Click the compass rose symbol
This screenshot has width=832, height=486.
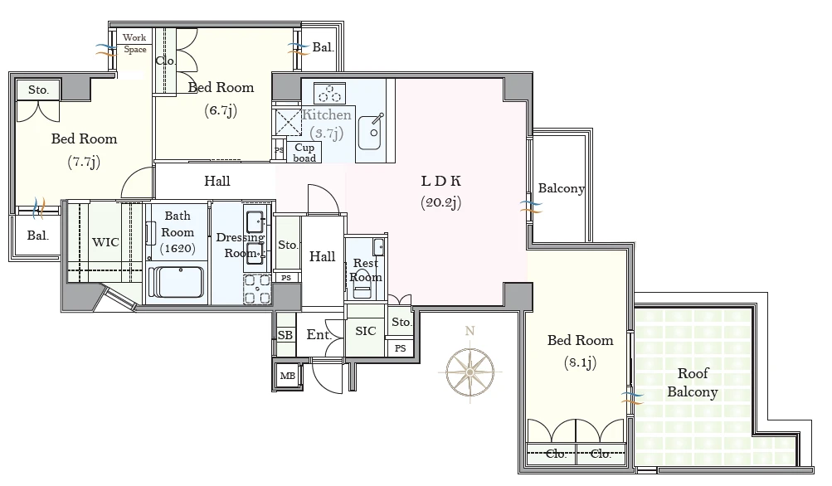tap(470, 372)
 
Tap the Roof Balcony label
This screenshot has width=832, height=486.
tap(693, 382)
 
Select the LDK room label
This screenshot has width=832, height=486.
tap(441, 181)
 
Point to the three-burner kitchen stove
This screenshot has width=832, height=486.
tap(329, 93)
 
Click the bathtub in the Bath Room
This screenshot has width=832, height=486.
tap(177, 282)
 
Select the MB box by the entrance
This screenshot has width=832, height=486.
tap(288, 376)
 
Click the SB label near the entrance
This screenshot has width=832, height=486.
tap(285, 335)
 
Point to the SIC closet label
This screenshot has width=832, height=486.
tap(366, 331)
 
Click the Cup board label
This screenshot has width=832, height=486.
tap(304, 153)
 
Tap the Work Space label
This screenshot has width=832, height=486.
tap(134, 43)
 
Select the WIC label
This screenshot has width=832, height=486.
tap(105, 242)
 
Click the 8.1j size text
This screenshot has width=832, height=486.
tap(580, 363)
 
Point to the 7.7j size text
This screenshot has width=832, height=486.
tap(84, 162)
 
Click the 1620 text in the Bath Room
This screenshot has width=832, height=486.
tap(178, 248)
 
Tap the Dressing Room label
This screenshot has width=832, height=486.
tap(241, 245)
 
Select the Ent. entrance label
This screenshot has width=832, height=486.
tap(319, 335)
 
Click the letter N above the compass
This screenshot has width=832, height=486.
tap(470, 331)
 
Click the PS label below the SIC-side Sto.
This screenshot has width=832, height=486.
tap(401, 348)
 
